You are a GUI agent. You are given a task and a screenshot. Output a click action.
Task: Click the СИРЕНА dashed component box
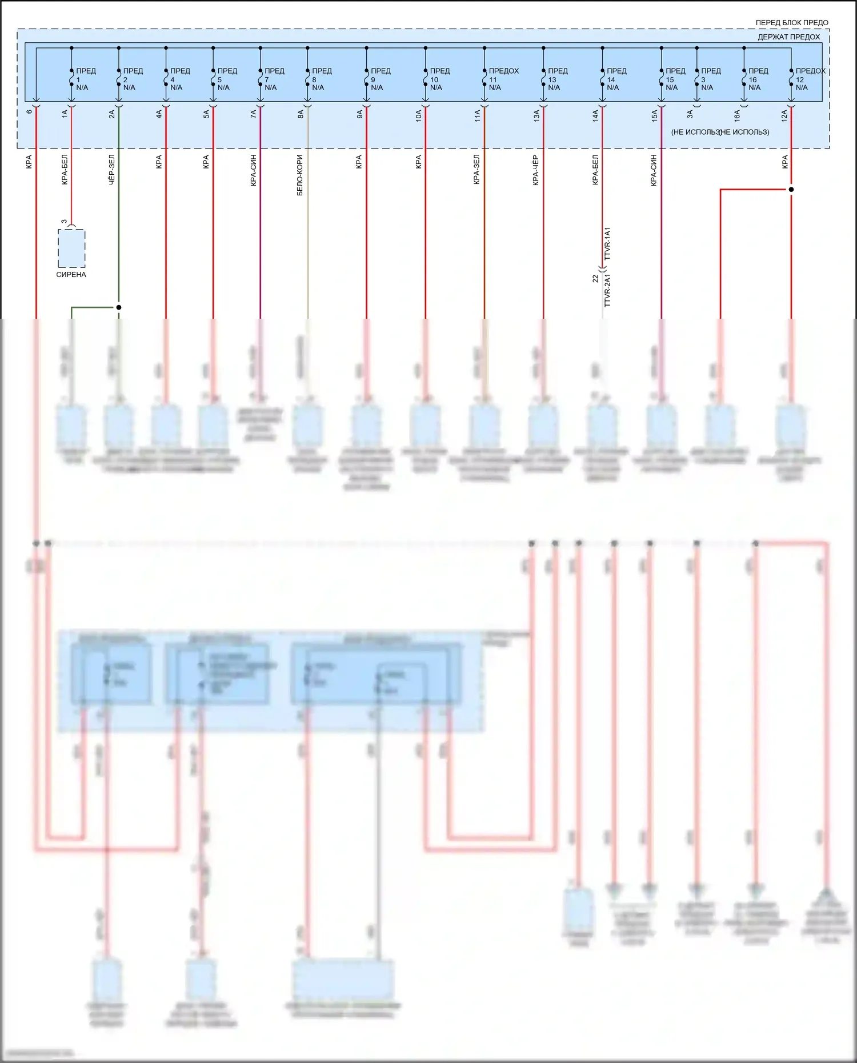coord(71,248)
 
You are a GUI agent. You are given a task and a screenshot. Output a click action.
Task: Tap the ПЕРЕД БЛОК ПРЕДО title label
coord(791,23)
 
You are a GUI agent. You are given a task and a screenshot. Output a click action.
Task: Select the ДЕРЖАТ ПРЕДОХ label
coord(788,37)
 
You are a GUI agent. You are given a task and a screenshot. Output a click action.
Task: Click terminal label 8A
coord(301,115)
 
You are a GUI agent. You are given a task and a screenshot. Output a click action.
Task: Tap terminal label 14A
coord(595,116)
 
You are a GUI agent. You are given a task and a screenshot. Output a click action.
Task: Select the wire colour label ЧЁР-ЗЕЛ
coord(111,169)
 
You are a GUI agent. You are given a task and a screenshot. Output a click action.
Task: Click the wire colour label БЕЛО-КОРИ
coord(300,175)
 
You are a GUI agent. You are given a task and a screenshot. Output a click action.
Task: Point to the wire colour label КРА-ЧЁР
coord(536,170)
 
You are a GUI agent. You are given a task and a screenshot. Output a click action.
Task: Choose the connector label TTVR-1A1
coord(607,244)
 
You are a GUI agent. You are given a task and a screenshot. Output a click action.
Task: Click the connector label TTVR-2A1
coord(607,291)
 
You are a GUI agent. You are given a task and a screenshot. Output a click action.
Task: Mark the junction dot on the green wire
coord(119,307)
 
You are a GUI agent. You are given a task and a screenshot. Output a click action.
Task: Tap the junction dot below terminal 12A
coord(791,189)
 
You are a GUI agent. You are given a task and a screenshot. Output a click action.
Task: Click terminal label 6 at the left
coord(29,111)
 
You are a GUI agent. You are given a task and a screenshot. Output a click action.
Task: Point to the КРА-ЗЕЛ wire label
coord(476,170)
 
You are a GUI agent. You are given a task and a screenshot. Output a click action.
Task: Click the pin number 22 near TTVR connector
coord(595,279)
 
